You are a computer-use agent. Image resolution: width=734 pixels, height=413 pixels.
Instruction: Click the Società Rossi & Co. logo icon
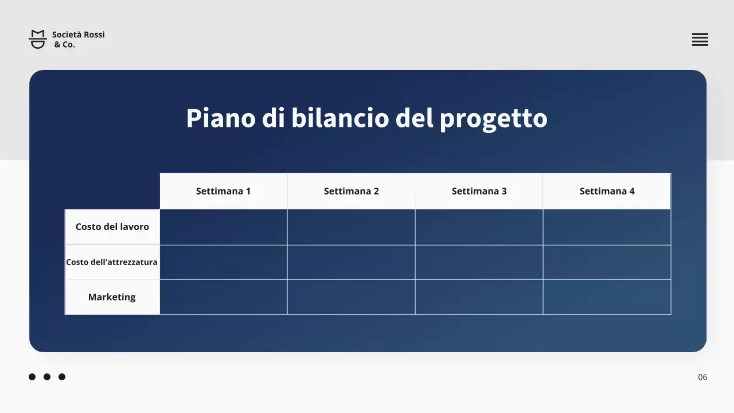click(x=38, y=39)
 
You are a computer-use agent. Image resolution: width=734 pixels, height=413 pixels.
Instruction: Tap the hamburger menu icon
click(x=700, y=40)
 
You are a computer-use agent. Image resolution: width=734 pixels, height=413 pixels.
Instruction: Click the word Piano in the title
click(x=220, y=118)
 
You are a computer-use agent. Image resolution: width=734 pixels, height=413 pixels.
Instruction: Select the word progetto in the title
click(x=493, y=119)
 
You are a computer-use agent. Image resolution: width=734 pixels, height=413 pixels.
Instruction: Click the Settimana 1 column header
click(x=223, y=191)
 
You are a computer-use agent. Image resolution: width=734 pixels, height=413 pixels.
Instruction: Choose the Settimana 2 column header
click(x=351, y=191)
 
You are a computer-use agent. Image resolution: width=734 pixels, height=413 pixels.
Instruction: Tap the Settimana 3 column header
click(x=479, y=191)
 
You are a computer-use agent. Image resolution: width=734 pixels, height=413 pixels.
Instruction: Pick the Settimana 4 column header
click(x=607, y=191)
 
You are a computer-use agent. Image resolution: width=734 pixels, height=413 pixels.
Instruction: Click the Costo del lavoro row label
click(x=112, y=227)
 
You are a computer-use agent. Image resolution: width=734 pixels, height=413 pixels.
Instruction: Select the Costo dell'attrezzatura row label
click(x=112, y=262)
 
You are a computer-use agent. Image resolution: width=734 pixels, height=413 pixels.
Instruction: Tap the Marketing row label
click(x=112, y=297)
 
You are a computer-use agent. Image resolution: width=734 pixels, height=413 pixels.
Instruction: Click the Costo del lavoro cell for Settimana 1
click(x=223, y=227)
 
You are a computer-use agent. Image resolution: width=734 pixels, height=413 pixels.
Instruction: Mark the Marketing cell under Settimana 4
click(x=607, y=297)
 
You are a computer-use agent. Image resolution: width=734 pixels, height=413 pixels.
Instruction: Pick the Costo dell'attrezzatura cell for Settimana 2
click(x=351, y=262)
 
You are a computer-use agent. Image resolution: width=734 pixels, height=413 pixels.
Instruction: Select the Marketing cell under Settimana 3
click(x=479, y=297)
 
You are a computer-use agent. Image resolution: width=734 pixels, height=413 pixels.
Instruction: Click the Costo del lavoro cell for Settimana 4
click(x=607, y=227)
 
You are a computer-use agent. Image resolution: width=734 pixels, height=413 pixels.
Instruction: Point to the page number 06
click(x=702, y=377)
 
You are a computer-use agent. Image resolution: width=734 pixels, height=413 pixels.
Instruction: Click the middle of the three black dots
click(x=47, y=377)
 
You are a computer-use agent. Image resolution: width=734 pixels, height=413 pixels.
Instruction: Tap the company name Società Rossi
click(x=79, y=34)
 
